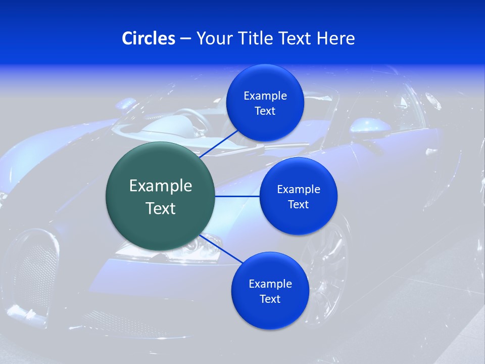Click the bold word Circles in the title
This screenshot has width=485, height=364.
pyautogui.click(x=149, y=38)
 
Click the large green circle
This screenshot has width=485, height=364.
pyautogui.click(x=161, y=196)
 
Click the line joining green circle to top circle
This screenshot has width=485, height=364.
pyautogui.click(x=220, y=143)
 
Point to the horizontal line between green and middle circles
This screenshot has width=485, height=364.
pyautogui.click(x=237, y=196)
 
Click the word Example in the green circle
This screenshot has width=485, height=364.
pyautogui.click(x=161, y=186)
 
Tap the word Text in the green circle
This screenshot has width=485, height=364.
pyautogui.click(x=161, y=208)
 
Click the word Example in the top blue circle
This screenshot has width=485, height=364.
pyautogui.click(x=265, y=96)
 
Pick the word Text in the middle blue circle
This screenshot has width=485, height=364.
pyautogui.click(x=298, y=205)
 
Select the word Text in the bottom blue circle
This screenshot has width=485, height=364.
pyautogui.click(x=270, y=299)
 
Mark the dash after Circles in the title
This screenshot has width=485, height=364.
pyautogui.click(x=185, y=39)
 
